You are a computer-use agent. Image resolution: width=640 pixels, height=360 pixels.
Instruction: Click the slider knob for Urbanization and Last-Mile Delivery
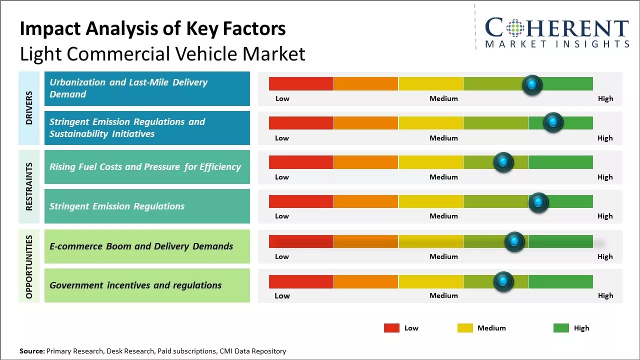tap(532, 84)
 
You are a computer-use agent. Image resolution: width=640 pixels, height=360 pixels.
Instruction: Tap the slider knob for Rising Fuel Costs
tap(503, 162)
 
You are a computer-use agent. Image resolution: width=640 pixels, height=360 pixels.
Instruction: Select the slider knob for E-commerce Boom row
tap(514, 242)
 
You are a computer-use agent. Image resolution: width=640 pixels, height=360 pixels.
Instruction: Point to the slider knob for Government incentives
tap(503, 281)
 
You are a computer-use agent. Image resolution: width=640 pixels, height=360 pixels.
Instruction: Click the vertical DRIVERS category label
tap(29, 108)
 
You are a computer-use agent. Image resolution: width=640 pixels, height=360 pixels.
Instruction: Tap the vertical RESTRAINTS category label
tap(29, 186)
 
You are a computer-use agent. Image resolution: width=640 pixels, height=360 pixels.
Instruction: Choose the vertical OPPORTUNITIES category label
tap(29, 266)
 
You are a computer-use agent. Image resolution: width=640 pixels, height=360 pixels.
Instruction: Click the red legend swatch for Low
tap(391, 328)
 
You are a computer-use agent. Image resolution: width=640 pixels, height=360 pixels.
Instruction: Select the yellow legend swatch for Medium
tap(465, 328)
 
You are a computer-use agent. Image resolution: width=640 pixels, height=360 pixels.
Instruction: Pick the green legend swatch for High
tap(561, 328)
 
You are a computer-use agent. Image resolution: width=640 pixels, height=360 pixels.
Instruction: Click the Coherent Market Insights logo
tap(556, 32)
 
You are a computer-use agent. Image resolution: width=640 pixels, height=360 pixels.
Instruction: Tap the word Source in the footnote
tap(31, 351)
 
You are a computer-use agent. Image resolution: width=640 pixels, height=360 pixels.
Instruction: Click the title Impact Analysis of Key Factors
tap(152, 28)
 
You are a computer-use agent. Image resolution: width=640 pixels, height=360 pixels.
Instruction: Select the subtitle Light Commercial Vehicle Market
tap(162, 54)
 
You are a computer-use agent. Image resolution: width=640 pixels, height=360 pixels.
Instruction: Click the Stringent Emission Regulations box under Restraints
tap(147, 206)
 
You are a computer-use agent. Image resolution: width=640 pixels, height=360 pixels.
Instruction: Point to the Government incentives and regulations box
tap(147, 285)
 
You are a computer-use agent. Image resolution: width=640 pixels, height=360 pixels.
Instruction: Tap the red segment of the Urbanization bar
tap(301, 83)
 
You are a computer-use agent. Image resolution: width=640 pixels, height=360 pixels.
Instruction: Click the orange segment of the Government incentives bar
tap(366, 281)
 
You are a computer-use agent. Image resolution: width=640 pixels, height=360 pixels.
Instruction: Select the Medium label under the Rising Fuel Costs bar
tap(443, 177)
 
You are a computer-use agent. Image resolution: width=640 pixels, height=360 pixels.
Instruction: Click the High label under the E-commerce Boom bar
tap(605, 256)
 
